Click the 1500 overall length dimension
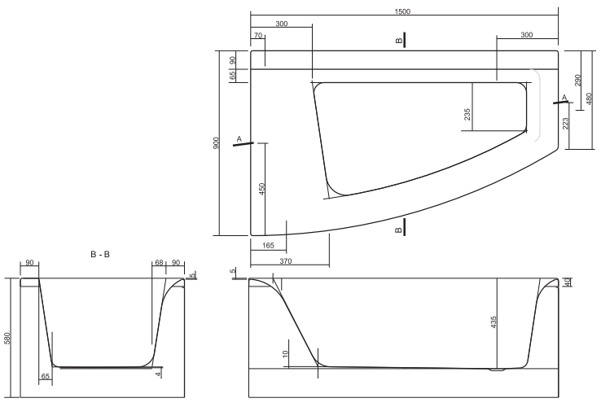pyautogui.click(x=402, y=11)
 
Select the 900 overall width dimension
pyautogui.click(x=216, y=143)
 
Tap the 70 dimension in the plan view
pyautogui.click(x=258, y=35)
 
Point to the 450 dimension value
pyautogui.click(x=262, y=189)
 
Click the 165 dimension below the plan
pyautogui.click(x=268, y=245)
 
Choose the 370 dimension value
pyautogui.click(x=286, y=261)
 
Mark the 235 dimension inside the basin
pyautogui.click(x=467, y=114)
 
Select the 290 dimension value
pyautogui.click(x=577, y=80)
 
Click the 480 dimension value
pyautogui.click(x=589, y=98)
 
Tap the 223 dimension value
pyautogui.click(x=566, y=124)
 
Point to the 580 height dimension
pyautogui.click(x=7, y=338)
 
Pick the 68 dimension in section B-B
pyautogui.click(x=159, y=263)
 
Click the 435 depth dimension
pyautogui.click(x=494, y=322)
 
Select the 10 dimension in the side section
pyautogui.click(x=285, y=354)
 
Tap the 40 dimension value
pyautogui.click(x=568, y=282)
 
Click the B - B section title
pyautogui.click(x=100, y=254)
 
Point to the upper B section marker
pyautogui.click(x=401, y=40)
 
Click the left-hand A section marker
pyautogui.click(x=243, y=141)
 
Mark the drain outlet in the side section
pyautogui.click(x=498, y=370)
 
